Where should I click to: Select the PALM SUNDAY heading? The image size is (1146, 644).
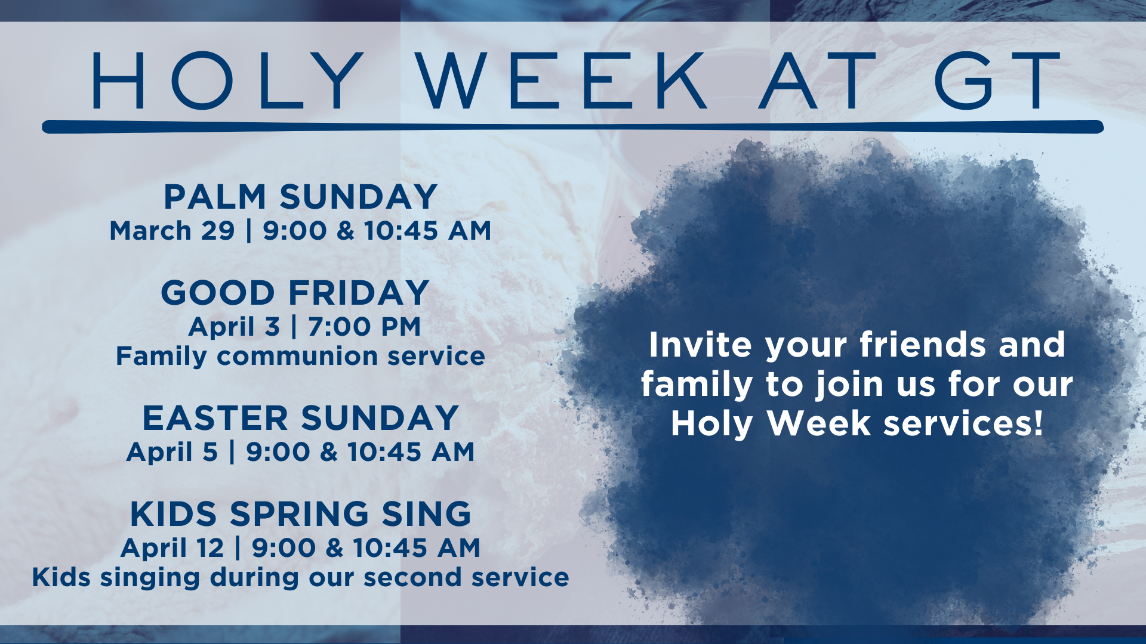(301, 197)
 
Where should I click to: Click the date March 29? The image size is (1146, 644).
(172, 231)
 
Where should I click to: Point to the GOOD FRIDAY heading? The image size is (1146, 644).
(295, 293)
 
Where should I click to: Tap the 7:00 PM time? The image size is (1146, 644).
(365, 327)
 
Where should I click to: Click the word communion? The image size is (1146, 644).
(297, 357)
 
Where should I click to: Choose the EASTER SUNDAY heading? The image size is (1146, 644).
(300, 418)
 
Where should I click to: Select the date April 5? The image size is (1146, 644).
(172, 453)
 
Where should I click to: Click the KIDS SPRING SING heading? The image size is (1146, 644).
(301, 514)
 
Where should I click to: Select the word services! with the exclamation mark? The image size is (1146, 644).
(963, 423)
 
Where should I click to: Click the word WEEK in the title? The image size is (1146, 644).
(561, 80)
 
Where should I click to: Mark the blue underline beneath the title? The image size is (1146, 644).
(573, 126)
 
